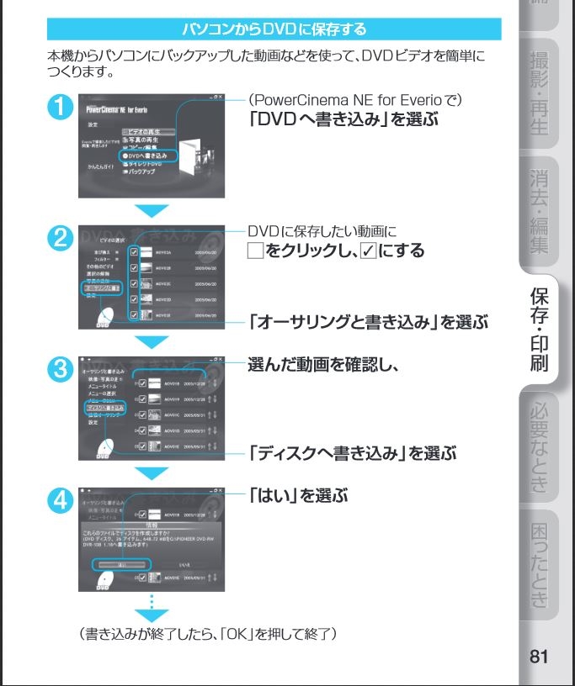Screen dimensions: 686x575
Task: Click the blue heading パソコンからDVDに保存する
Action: pyautogui.click(x=274, y=30)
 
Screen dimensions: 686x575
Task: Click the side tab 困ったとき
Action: pyautogui.click(x=540, y=562)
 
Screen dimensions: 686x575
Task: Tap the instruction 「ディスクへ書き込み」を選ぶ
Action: pyautogui.click(x=353, y=454)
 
